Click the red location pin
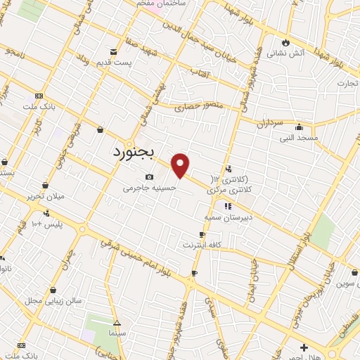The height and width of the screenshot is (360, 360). pyautogui.click(x=181, y=166)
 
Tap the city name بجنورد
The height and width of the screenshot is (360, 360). pyautogui.click(x=136, y=152)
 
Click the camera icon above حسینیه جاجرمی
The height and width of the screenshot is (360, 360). pyautogui.click(x=149, y=176)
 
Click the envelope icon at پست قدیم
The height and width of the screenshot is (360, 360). pyautogui.click(x=114, y=51)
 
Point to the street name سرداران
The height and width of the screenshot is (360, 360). pyautogui.click(x=268, y=123)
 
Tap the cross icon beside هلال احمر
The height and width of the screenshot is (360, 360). pyautogui.click(x=304, y=347)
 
